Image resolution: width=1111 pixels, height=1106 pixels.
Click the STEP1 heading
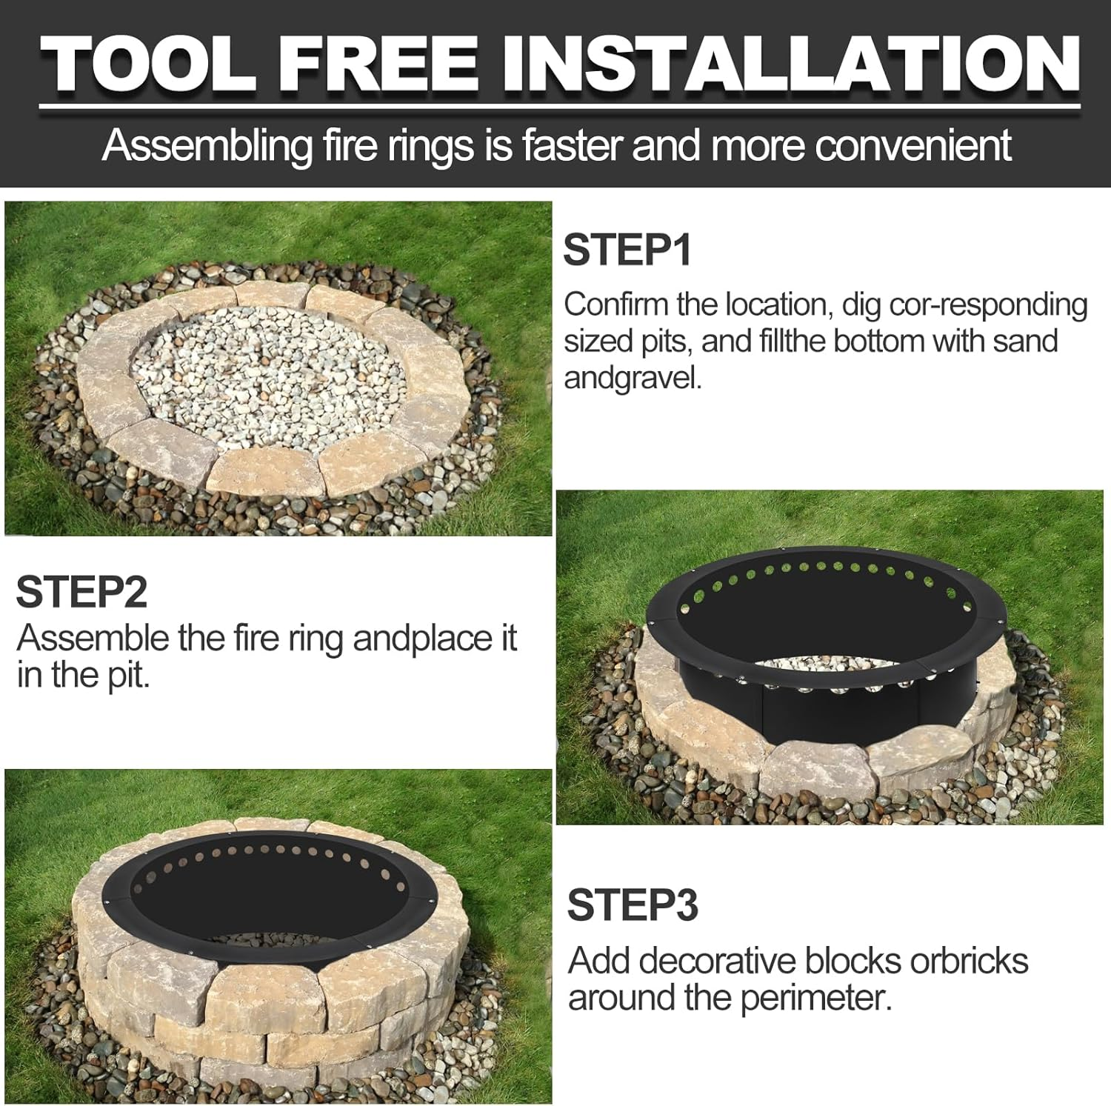coord(627,250)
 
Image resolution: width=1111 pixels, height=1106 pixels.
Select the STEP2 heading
coord(81,592)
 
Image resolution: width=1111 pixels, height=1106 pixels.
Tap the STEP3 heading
coord(633,905)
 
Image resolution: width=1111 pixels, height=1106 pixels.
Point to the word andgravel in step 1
coord(633,378)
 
